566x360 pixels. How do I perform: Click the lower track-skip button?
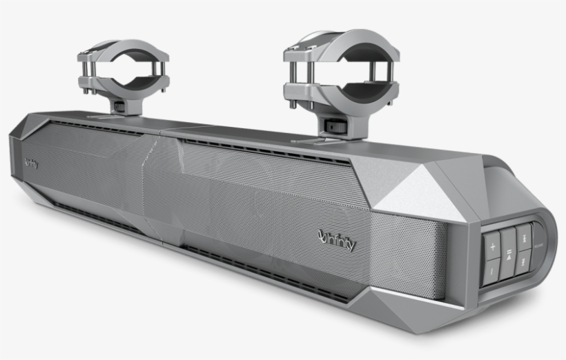[x=525, y=261]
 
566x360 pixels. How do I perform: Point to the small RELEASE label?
[x=540, y=246]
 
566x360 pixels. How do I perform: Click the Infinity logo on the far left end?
[x=30, y=163]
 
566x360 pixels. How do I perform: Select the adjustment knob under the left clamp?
[x=119, y=107]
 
